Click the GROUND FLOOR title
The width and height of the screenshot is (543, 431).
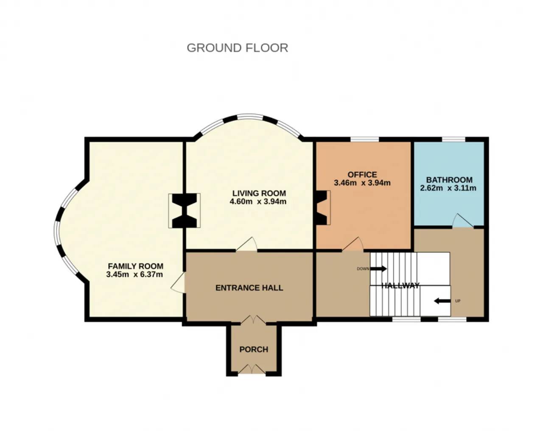pos(238,48)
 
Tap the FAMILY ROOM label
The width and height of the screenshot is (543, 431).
pos(136,266)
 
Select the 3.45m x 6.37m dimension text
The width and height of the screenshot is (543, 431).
pos(134,274)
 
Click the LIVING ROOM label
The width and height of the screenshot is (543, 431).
pos(259,193)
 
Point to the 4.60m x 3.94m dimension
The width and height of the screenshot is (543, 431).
pos(258,202)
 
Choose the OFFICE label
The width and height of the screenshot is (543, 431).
pos(362,175)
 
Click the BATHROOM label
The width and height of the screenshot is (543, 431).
pos(449,180)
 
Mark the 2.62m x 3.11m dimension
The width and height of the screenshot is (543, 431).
pos(448,188)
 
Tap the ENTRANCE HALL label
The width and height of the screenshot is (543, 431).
pos(249,288)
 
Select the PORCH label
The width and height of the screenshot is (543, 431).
pos(254,350)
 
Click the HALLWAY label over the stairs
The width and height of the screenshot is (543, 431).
pos(400,285)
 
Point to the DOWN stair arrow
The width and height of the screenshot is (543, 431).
pos(378,269)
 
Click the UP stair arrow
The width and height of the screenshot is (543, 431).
pos(442,301)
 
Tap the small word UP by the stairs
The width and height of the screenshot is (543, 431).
pos(458,301)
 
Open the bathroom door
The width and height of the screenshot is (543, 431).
pos(463,221)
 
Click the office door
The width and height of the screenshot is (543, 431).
pos(353,244)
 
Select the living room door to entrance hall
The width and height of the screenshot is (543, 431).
pos(247,244)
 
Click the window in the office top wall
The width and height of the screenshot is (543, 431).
pos(365,139)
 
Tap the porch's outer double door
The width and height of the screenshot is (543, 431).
pos(252,369)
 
